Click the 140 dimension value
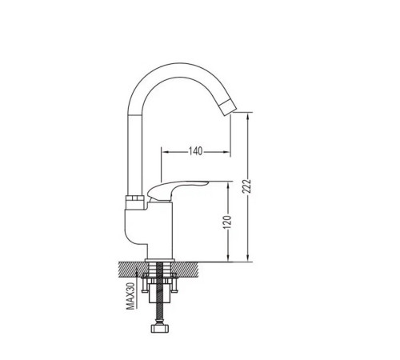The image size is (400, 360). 196,151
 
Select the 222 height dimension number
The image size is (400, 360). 246,186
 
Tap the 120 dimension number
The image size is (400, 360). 227,222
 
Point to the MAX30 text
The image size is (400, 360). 130,296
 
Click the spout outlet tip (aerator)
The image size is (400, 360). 230,106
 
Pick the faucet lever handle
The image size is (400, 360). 177,189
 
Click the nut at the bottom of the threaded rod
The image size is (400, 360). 161,328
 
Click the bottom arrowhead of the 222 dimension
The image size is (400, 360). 248,258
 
